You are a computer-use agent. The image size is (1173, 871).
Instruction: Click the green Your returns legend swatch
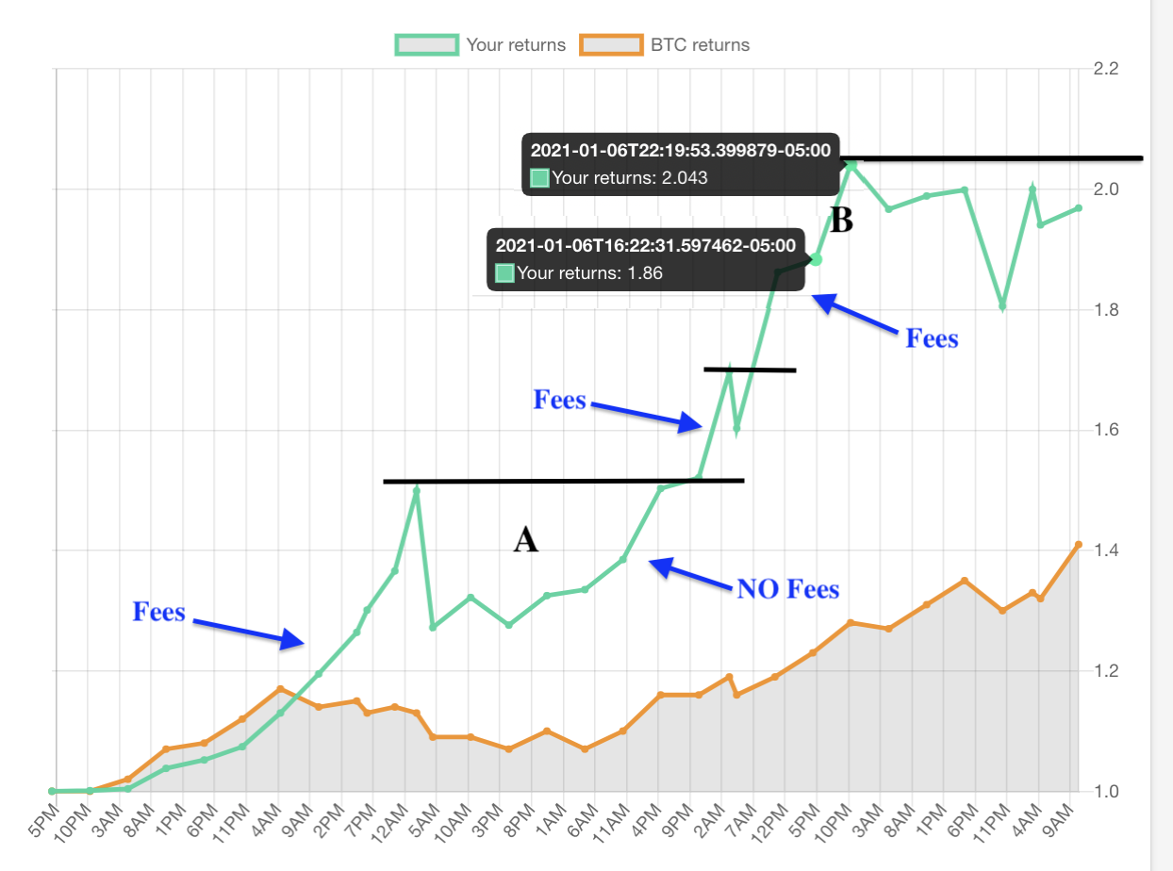pos(427,44)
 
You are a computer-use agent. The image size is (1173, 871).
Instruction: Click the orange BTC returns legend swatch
pos(612,44)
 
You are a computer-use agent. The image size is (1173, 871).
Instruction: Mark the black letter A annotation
pos(525,540)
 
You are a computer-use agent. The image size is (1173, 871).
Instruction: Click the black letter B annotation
pos(841,220)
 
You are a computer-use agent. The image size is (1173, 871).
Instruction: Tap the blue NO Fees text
pos(787,589)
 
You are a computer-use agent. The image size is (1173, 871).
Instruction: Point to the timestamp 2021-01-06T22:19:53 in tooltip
pos(680,150)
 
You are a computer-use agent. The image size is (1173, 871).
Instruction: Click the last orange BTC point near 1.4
pos(1078,545)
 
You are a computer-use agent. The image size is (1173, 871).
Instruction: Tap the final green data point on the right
pos(1078,208)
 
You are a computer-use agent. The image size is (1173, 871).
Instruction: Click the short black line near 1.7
pos(750,370)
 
